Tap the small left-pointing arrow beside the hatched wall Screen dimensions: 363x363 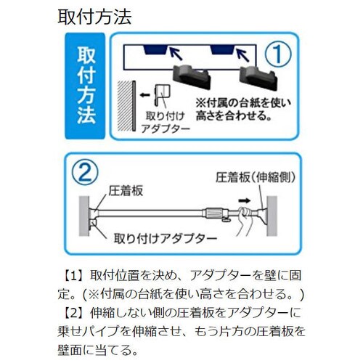click(145, 94)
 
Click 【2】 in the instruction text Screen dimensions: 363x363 click(74, 314)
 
